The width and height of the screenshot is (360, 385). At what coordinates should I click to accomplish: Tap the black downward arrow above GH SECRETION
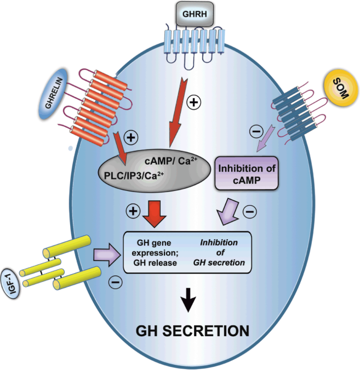[x=188, y=299]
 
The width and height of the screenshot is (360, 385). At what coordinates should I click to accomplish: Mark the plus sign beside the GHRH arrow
[x=192, y=101]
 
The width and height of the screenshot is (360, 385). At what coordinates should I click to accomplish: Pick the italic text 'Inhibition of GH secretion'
[x=219, y=253]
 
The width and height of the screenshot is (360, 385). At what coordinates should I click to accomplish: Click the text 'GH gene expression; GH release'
[x=154, y=253]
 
